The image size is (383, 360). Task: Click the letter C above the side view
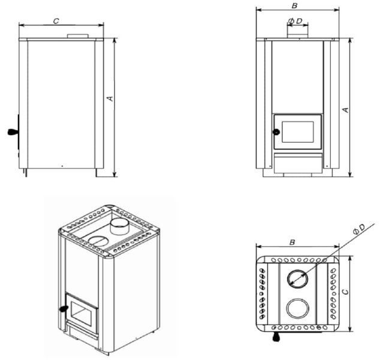(56, 21)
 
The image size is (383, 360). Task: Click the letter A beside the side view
(111, 98)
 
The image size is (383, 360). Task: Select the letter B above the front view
(294, 5)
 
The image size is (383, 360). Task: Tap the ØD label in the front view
(295, 21)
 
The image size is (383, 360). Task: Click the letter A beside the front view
(346, 110)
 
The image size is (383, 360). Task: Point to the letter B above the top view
(292, 242)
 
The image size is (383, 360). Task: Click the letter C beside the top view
(345, 292)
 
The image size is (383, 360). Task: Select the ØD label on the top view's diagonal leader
(359, 229)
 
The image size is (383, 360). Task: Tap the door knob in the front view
(276, 132)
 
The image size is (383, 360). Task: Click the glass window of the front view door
(297, 132)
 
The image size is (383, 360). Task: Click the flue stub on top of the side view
(78, 36)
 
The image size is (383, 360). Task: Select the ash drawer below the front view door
(297, 163)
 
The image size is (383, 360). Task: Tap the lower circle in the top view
(297, 308)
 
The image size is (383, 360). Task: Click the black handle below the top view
(276, 337)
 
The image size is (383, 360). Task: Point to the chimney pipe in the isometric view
(119, 226)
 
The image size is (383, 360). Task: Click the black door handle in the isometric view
(64, 309)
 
